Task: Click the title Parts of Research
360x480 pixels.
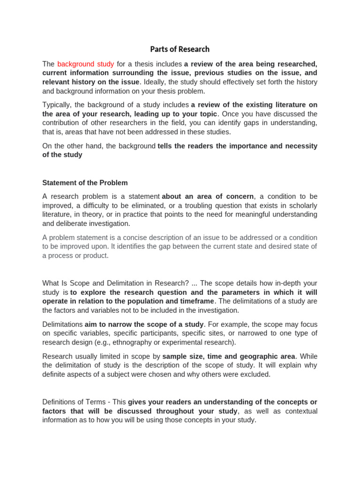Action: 180,49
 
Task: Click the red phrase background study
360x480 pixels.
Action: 85,64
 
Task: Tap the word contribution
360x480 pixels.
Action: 61,123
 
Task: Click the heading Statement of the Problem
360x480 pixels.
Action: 85,183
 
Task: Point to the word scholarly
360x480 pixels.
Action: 302,206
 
